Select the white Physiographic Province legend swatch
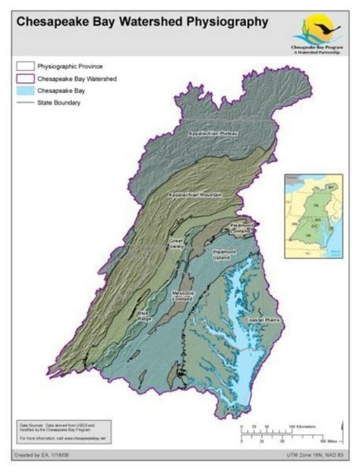click(26, 67)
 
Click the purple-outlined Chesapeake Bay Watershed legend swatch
click(26, 78)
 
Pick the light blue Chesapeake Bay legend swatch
click(26, 90)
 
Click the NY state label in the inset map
click(330, 186)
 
